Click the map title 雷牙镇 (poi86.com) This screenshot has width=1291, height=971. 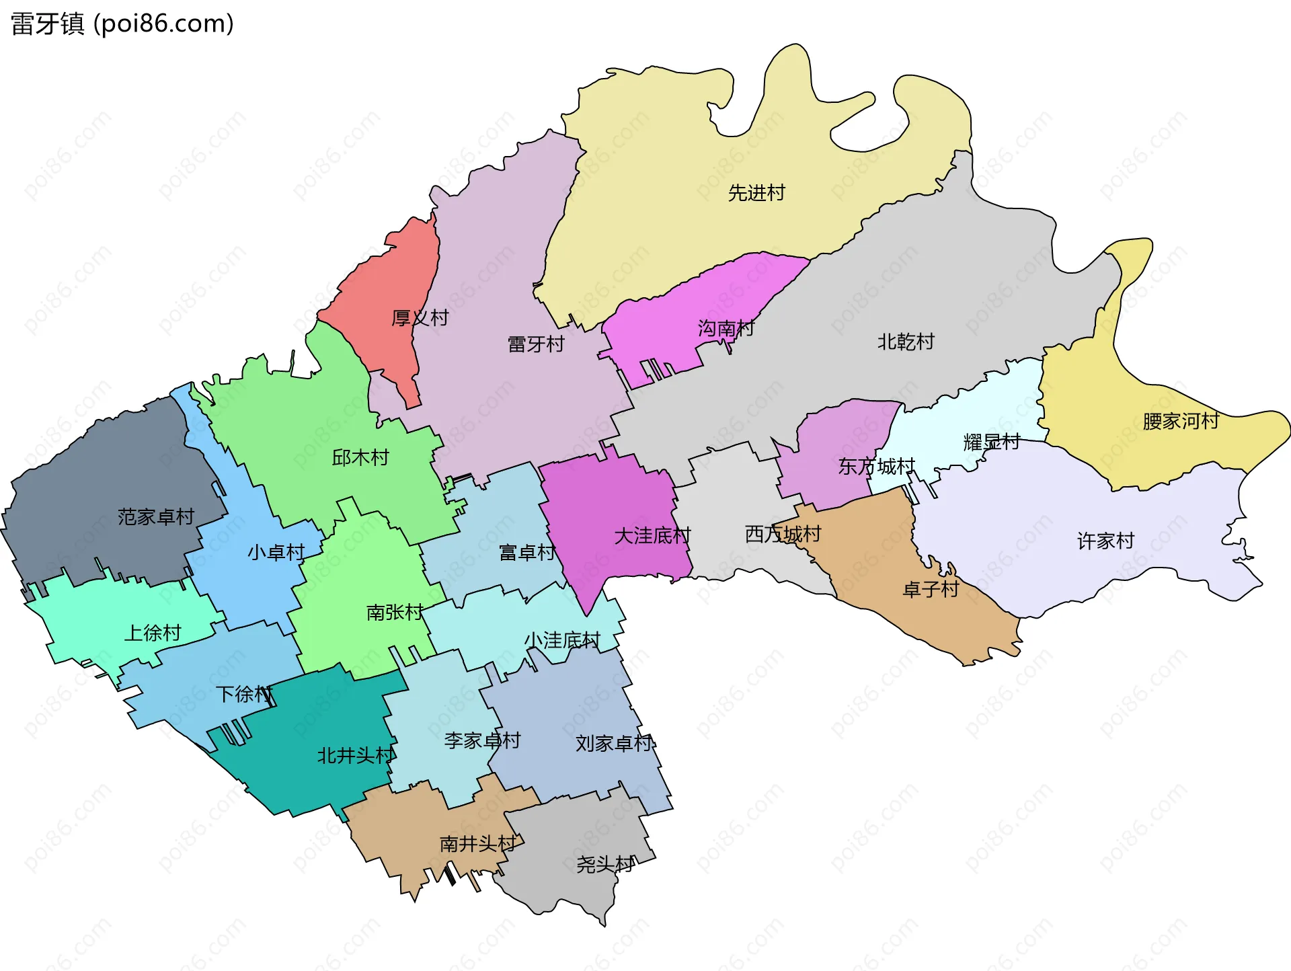122,24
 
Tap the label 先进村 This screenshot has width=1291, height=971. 756,194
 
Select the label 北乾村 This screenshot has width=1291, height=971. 906,342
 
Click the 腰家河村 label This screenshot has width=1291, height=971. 1181,422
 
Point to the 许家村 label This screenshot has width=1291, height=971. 1105,541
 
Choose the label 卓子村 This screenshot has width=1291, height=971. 931,590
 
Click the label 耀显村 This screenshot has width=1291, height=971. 992,442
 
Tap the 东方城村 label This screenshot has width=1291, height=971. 876,467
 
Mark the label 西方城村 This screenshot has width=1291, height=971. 783,535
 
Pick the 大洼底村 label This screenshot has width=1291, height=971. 652,537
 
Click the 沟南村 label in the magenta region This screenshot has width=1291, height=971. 726,329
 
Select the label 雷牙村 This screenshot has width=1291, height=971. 536,345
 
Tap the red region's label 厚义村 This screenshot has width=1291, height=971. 420,318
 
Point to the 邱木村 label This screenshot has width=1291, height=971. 360,459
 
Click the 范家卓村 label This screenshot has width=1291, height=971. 156,517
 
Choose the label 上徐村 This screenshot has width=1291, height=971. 153,633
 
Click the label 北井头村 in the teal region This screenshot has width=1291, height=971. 356,756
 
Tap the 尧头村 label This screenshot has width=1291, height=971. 604,865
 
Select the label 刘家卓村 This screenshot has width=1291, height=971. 615,744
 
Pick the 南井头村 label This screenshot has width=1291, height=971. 478,845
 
